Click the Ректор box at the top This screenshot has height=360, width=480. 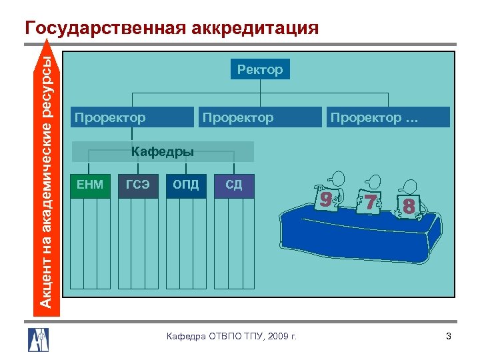pyautogui.click(x=260, y=69)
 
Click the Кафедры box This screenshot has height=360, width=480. pyautogui.click(x=163, y=152)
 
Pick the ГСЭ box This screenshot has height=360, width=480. pyautogui.click(x=138, y=185)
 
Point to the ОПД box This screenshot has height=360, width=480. pyautogui.click(x=186, y=185)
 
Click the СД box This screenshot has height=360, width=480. pyautogui.click(x=234, y=185)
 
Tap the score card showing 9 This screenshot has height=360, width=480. pyautogui.click(x=325, y=198)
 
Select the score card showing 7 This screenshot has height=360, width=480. pyautogui.click(x=369, y=202)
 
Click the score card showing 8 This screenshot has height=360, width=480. pyautogui.click(x=409, y=207)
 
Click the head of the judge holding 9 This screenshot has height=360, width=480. pyautogui.click(x=337, y=179)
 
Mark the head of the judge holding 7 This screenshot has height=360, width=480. pyautogui.click(x=373, y=181)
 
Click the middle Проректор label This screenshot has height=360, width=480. pyautogui.click(x=237, y=118)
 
